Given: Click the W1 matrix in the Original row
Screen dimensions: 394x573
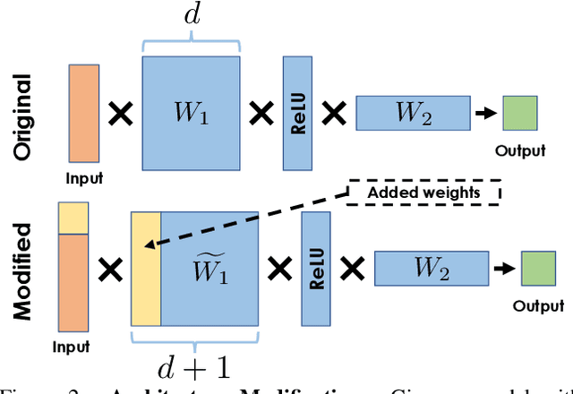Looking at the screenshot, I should point(191,114).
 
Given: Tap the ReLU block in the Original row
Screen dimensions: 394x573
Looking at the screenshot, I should point(296,113).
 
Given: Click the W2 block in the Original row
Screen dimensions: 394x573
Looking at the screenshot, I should point(413,113).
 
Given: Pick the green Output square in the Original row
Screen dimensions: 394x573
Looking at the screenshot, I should point(519,113).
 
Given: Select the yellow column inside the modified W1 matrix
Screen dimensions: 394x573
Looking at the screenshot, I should point(146,268).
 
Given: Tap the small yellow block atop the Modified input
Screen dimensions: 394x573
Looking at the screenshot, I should point(73,218).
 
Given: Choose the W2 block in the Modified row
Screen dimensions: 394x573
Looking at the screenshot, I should point(432,267).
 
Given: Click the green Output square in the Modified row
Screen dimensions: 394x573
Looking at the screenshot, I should point(538,267).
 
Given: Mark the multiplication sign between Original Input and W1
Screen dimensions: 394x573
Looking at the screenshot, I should point(121,114).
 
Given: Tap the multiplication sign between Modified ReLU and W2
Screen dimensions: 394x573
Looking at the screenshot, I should point(352,267).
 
